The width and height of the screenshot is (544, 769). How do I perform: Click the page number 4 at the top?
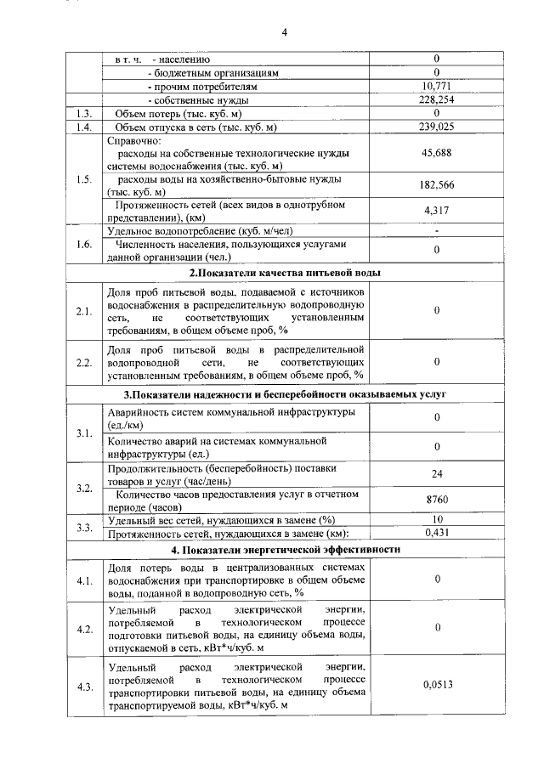286,33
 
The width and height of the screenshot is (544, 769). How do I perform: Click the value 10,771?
435,86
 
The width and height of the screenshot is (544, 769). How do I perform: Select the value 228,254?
435,99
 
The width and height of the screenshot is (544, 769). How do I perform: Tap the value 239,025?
435,127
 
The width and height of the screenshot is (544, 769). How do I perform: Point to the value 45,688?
435,154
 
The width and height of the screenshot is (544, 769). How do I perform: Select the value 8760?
435,500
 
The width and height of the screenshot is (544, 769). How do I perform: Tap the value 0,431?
435,533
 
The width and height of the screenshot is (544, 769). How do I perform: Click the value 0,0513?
435,683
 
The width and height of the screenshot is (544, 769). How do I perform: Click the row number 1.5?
83,179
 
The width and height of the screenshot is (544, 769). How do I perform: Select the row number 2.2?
83,362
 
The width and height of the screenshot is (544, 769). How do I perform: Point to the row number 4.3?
83,687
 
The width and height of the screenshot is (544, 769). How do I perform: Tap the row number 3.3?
83,527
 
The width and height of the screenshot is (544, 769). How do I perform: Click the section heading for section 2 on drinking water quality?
285,273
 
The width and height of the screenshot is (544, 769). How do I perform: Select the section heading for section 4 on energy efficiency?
285,549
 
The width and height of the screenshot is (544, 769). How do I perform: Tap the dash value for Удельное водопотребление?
435,230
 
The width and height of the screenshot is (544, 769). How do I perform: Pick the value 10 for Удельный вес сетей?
435,519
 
